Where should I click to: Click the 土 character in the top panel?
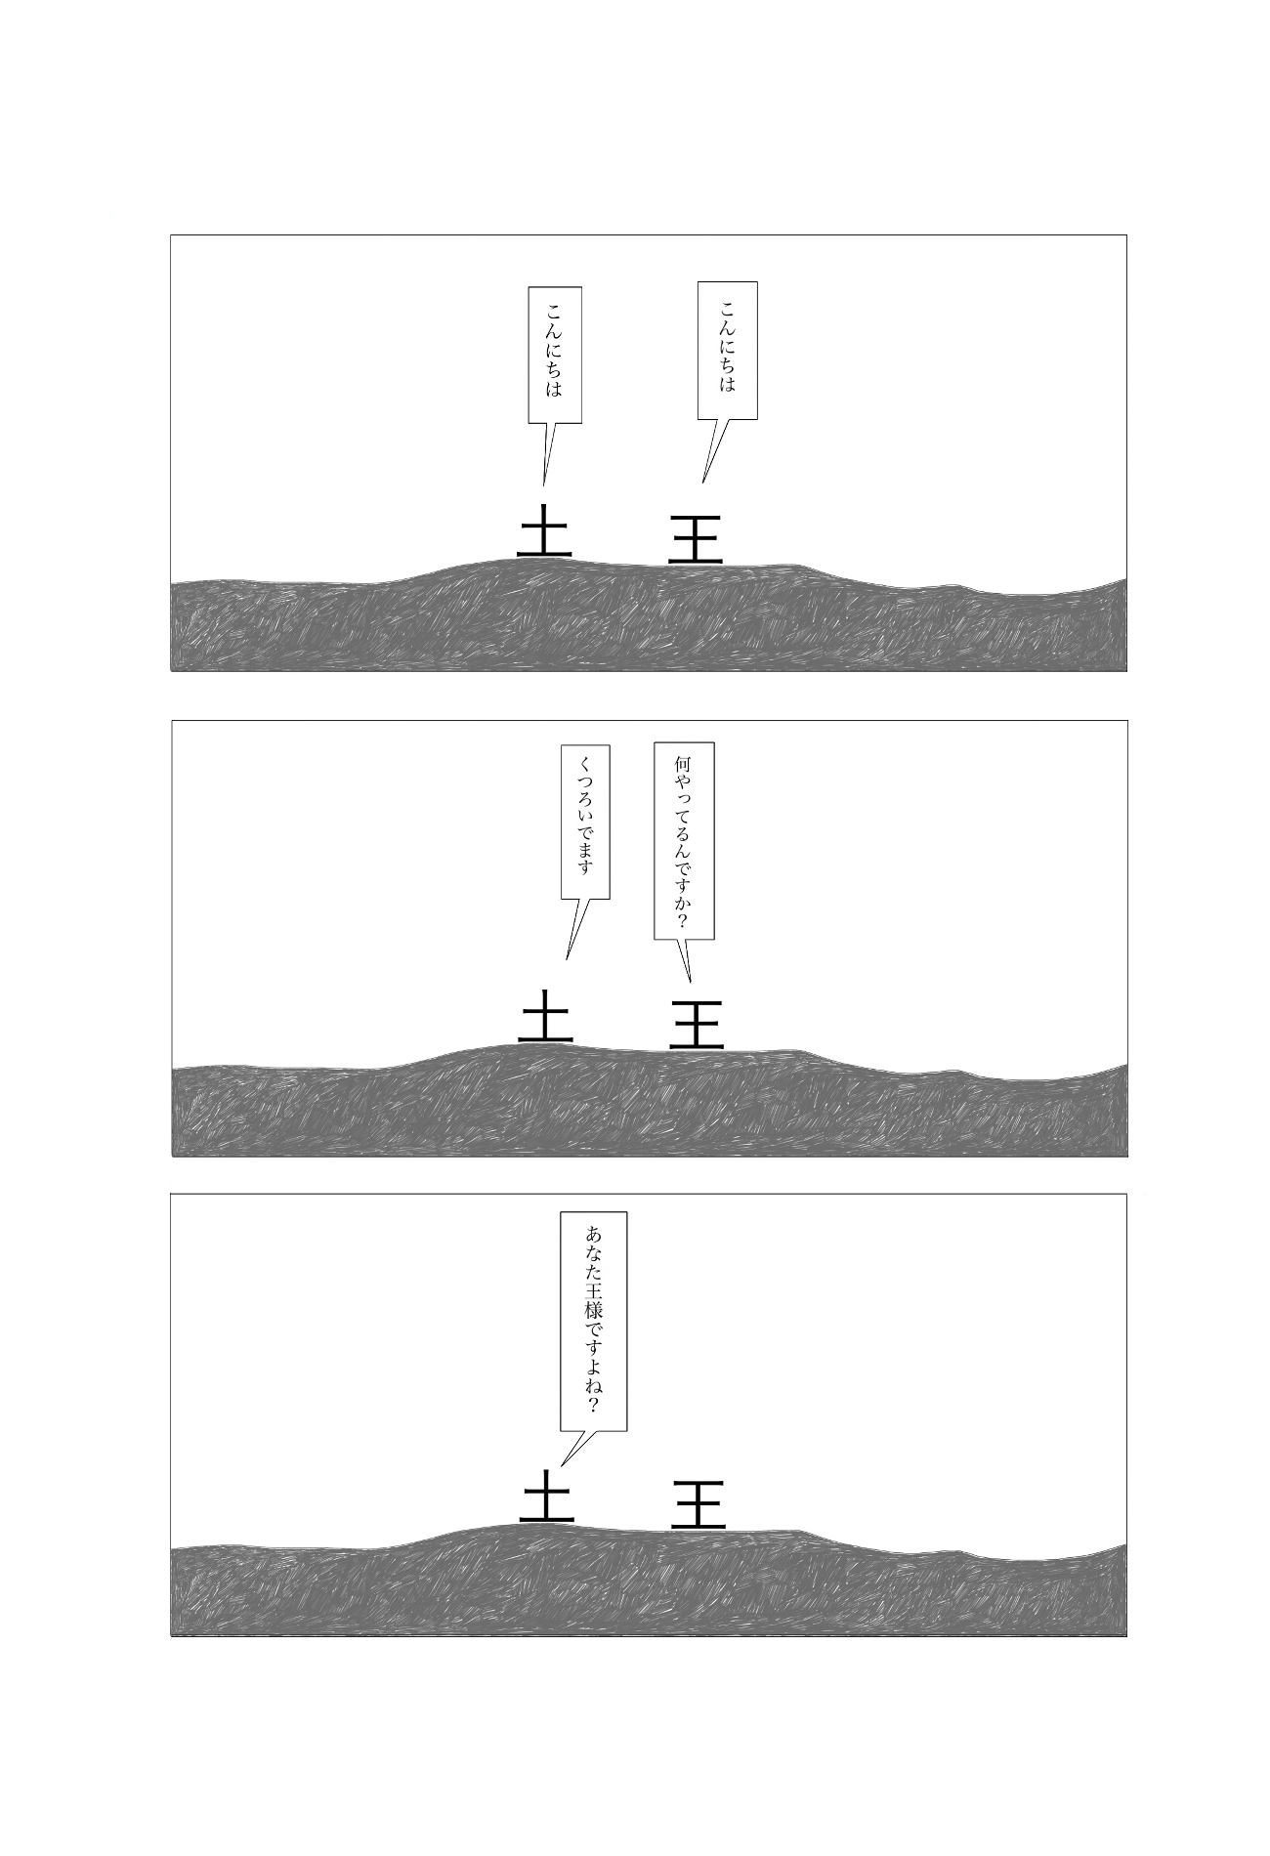[x=544, y=530]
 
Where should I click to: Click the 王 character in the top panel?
[x=696, y=538]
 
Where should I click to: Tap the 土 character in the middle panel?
[x=545, y=1016]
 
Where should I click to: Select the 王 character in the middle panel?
[x=697, y=1024]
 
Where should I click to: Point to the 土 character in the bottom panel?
[x=546, y=1497]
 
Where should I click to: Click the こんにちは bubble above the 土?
[x=555, y=355]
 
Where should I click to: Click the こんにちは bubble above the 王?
[x=728, y=351]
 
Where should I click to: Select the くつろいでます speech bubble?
[x=585, y=822]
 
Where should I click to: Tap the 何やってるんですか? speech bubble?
[x=684, y=840]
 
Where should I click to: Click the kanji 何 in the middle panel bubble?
[x=683, y=763]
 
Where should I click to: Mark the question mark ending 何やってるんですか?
[x=683, y=920]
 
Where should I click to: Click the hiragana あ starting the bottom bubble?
[x=593, y=1232]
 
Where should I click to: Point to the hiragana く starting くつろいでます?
[x=585, y=763]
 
